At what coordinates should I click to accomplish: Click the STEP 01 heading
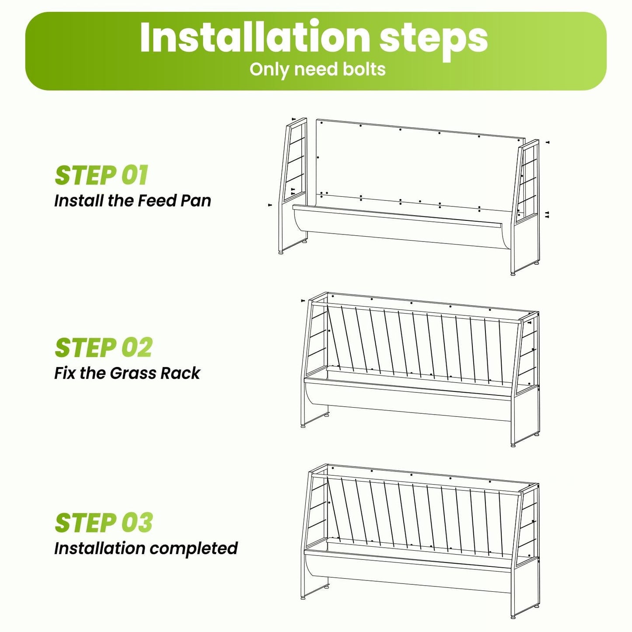[101, 175]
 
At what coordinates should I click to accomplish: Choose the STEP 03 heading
[104, 522]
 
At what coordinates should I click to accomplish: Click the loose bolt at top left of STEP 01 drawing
[293, 119]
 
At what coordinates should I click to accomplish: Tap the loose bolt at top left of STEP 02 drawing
[303, 300]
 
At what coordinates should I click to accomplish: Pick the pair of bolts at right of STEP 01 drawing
[547, 214]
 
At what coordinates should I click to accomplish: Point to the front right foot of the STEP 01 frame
[513, 273]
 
